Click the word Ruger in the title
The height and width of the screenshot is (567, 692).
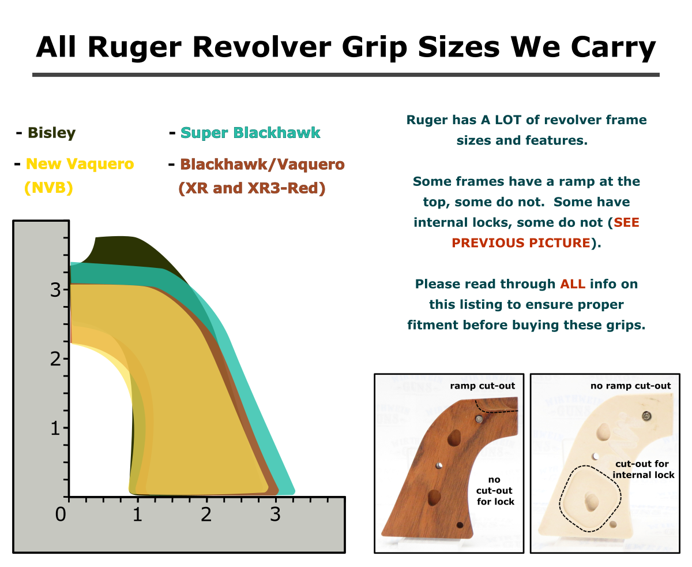coord(134,47)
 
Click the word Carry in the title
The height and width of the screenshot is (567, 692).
coord(613,47)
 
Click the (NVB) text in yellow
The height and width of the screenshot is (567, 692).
coord(48,188)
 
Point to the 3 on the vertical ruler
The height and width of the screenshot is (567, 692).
coord(55,290)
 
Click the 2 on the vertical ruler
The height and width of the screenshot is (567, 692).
coord(55,359)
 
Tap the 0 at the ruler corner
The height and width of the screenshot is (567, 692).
coord(61,514)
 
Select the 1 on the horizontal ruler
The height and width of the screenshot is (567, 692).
coord(137,514)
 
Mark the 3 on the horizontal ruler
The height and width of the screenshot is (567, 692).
coord(275,514)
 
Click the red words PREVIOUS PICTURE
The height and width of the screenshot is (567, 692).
coord(521,243)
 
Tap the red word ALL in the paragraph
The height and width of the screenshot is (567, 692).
coord(573,284)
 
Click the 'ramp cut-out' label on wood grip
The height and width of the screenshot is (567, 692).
coord(482,386)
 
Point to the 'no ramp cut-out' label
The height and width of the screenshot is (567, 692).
coord(631,386)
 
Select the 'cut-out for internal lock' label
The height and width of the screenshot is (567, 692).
coord(643,469)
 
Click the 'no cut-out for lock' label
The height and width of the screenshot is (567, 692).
coord(495,490)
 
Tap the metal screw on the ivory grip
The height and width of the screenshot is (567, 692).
coord(646,416)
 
